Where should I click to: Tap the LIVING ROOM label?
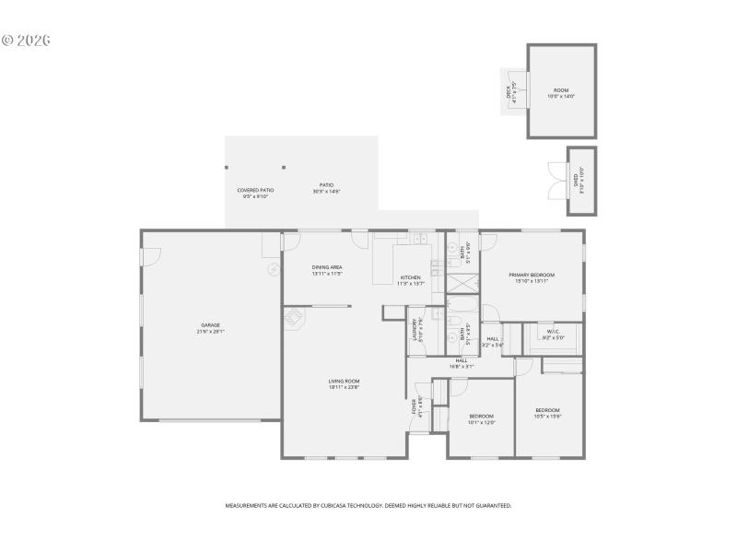pyautogui.click(x=344, y=383)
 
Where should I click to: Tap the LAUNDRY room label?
pyautogui.click(x=416, y=330)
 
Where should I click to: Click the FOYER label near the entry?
pyautogui.click(x=415, y=406)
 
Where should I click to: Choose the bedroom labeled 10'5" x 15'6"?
pyautogui.click(x=548, y=412)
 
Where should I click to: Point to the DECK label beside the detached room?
pyautogui.click(x=510, y=91)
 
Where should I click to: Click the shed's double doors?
pyautogui.click(x=556, y=181)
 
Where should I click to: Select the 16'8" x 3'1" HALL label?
pyautogui.click(x=461, y=363)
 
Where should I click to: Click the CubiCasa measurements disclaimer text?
pyautogui.click(x=368, y=505)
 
